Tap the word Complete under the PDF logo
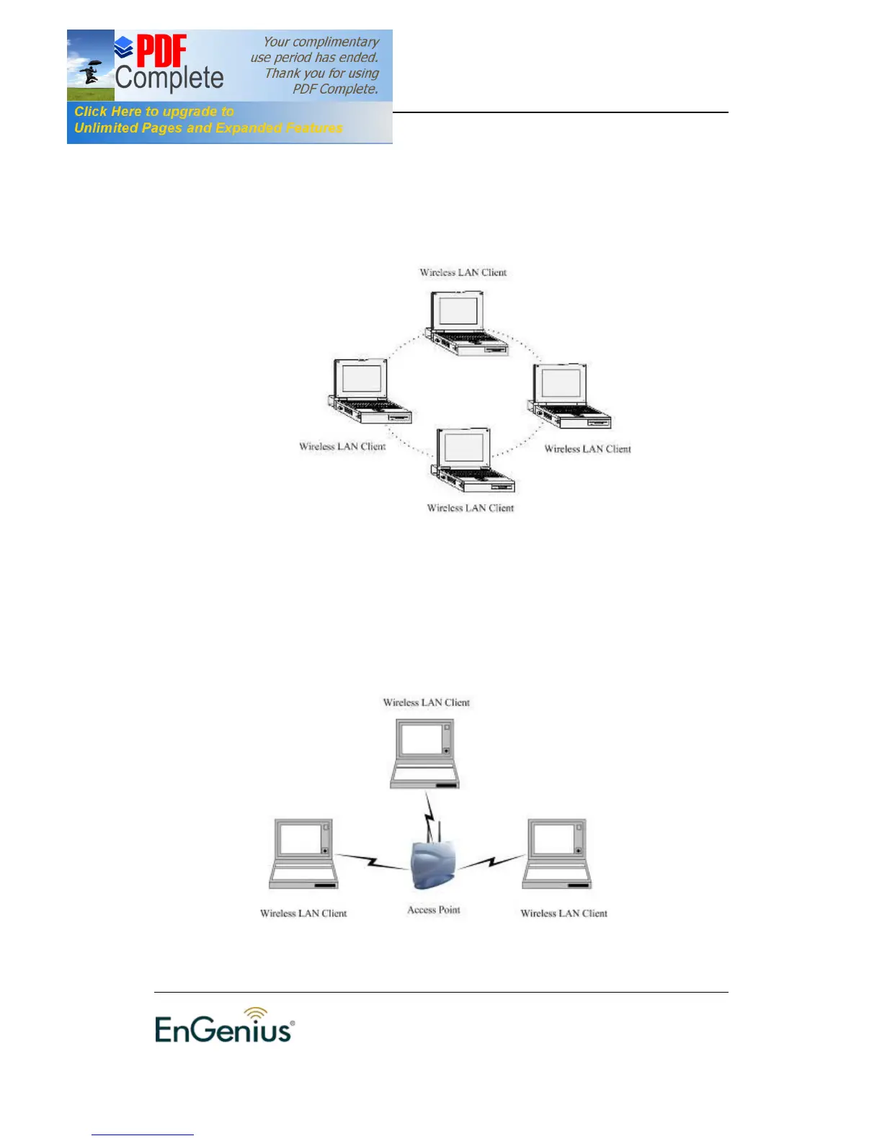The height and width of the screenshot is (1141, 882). [169, 78]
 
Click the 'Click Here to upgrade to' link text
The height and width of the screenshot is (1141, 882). [154, 112]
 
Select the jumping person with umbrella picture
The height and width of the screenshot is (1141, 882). [90, 71]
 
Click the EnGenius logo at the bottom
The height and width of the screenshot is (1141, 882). [224, 1029]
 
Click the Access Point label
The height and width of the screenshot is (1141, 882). [433, 910]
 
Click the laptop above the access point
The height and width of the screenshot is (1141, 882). [424, 753]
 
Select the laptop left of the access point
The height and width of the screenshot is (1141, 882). [303, 854]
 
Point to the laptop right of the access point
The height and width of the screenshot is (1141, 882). [556, 854]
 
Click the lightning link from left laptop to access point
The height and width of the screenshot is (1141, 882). [372, 861]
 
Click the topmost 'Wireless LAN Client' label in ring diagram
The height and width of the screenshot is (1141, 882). [463, 272]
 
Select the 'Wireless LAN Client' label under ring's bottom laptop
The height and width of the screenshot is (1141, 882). [470, 508]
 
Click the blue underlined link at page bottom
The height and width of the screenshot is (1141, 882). [142, 1134]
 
